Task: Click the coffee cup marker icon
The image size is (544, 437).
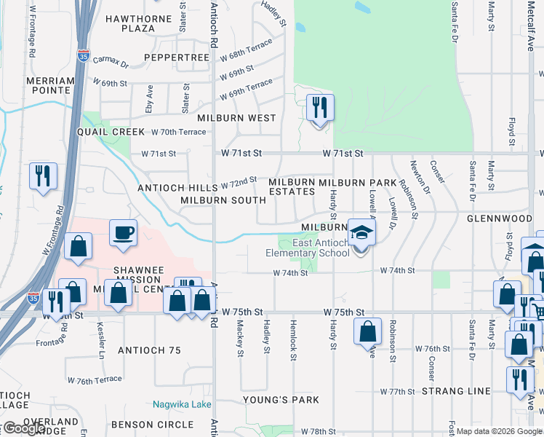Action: click(x=123, y=233)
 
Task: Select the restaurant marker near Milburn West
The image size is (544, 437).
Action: click(x=320, y=108)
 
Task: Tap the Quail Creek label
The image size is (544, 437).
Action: click(x=111, y=132)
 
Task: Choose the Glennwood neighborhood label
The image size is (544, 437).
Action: click(x=500, y=219)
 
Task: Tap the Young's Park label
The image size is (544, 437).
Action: click(x=281, y=400)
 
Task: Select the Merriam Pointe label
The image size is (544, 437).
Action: click(x=50, y=86)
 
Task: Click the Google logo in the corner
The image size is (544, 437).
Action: click(x=23, y=429)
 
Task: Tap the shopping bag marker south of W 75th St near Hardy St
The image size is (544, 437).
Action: click(x=368, y=331)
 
